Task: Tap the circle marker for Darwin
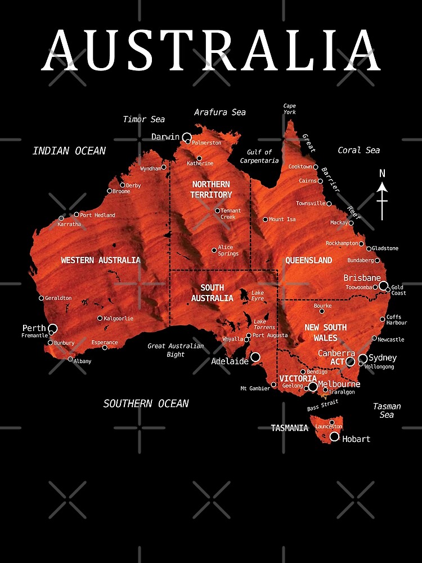tap(187, 137)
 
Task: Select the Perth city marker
tap(53, 328)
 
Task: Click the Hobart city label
tap(356, 439)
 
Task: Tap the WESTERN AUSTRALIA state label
tap(101, 260)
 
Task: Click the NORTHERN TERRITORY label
tap(211, 189)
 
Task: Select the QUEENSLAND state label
tap(308, 260)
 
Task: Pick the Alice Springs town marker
tap(214, 250)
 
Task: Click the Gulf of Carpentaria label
tap(259, 156)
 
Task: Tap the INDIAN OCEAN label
tap(69, 150)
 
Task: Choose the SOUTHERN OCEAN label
tap(146, 403)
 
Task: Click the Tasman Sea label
tap(387, 410)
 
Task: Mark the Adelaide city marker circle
tap(255, 357)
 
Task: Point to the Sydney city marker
tap(363, 358)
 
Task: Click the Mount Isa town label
tap(282, 220)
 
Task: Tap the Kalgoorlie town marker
tap(100, 318)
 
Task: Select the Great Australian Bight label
tap(176, 350)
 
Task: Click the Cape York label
tap(289, 109)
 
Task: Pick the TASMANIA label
tap(290, 428)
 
